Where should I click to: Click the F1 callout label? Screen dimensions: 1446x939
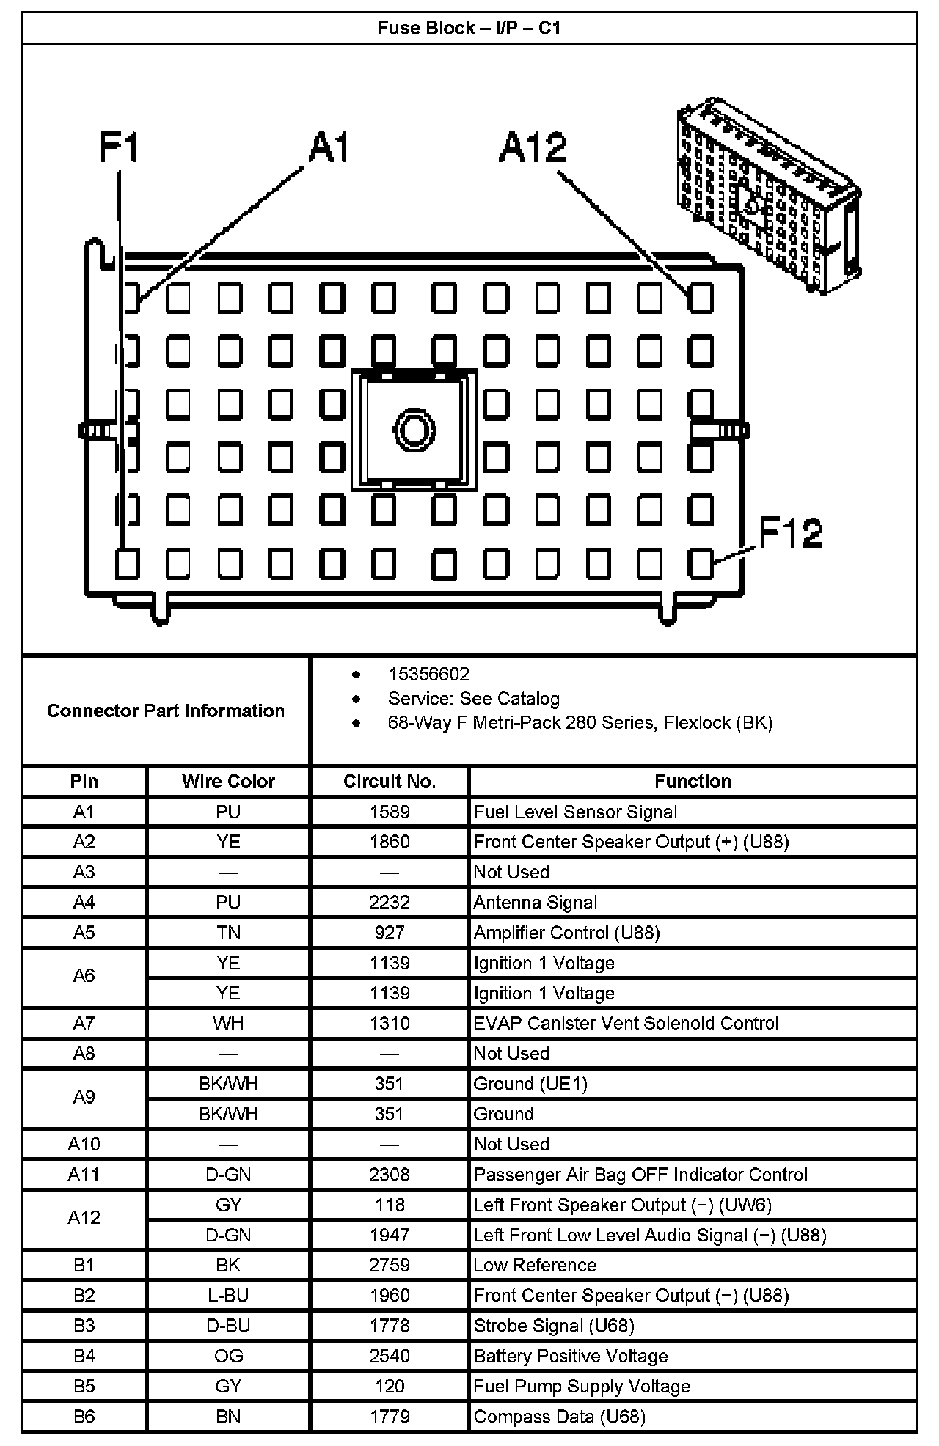click(119, 147)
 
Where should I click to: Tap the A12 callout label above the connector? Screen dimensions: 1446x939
click(533, 147)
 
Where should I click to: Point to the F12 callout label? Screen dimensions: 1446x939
click(790, 533)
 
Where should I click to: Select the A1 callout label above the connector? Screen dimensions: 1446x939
click(328, 147)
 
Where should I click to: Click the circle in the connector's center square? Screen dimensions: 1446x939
click(414, 429)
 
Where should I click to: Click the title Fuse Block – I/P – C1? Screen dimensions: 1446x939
click(469, 29)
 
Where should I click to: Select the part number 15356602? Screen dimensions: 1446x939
click(428, 675)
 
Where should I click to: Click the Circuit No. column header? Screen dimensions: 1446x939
click(390, 782)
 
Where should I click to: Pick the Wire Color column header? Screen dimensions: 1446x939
click(228, 782)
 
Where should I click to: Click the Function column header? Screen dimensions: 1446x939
click(693, 782)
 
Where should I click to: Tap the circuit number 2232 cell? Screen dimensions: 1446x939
click(390, 903)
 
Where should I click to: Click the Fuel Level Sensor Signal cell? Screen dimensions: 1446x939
click(576, 812)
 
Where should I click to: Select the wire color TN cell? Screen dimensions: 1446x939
click(228, 933)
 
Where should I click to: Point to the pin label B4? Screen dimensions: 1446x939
click(84, 1356)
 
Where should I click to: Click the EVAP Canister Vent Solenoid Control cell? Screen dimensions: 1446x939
click(626, 1024)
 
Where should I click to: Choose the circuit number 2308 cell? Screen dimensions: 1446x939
click(390, 1175)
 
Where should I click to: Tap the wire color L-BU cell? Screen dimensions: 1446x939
click(228, 1296)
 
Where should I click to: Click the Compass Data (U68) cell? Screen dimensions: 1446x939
click(560, 1417)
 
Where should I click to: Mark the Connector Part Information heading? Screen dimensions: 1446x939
click(166, 711)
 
